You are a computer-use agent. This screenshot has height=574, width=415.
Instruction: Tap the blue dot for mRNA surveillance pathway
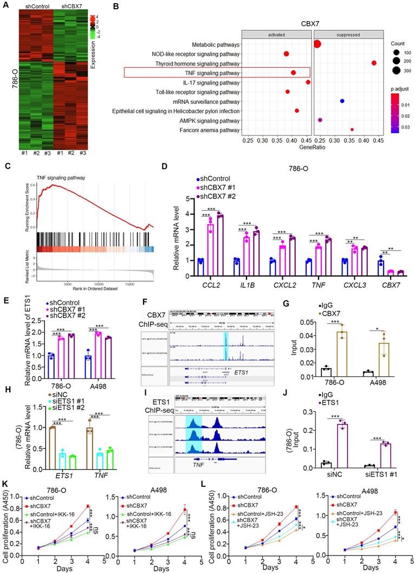(x=342, y=101)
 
